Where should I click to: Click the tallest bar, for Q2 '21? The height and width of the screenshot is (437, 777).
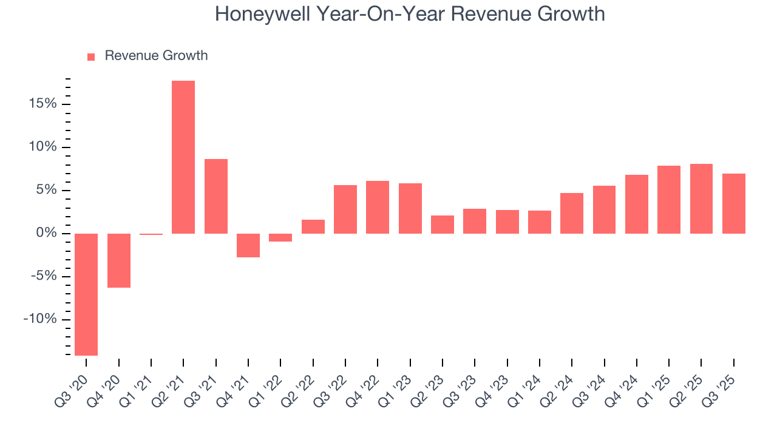[183, 157]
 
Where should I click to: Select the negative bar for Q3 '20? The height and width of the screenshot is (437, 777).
[86, 294]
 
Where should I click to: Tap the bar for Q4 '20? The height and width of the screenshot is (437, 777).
[119, 260]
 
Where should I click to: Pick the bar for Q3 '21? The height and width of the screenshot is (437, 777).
[216, 196]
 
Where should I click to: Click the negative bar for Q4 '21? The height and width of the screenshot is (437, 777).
[248, 245]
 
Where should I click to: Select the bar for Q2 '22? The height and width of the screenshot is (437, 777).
[313, 226]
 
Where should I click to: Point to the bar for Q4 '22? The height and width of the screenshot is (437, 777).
[378, 207]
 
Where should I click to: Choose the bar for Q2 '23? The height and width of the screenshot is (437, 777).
[443, 225]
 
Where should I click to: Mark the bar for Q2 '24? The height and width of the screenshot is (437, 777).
[572, 213]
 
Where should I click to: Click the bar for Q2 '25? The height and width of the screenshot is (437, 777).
[701, 198]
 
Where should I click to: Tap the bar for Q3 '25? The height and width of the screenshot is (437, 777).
[733, 203]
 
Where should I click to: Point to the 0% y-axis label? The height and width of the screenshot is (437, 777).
[46, 234]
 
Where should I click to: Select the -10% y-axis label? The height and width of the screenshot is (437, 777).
[40, 320]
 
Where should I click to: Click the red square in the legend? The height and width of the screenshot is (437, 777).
[91, 56]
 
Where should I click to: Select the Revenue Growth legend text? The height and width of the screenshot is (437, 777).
[156, 56]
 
